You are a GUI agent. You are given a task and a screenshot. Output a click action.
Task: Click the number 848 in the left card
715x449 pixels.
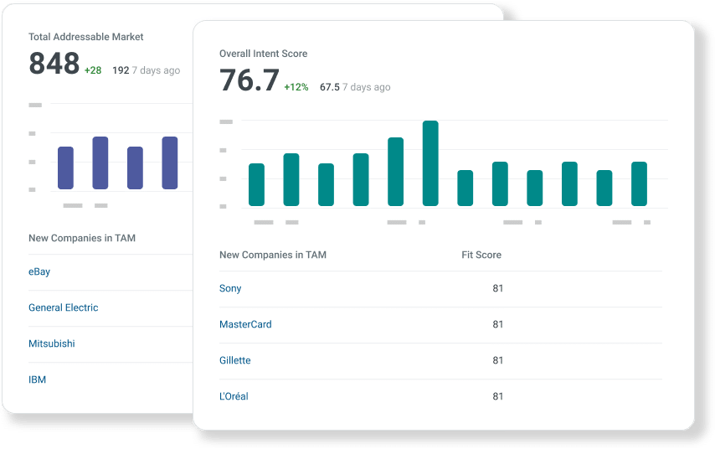[54, 64]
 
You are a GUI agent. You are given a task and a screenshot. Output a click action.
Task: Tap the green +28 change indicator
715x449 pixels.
[93, 70]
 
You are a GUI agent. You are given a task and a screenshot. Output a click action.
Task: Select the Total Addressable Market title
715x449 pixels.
[86, 37]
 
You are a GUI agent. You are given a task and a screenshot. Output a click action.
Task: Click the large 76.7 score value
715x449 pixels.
[249, 80]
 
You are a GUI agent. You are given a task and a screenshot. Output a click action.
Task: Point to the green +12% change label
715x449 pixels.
[296, 87]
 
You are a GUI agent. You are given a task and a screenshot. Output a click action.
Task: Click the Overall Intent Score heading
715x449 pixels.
[263, 54]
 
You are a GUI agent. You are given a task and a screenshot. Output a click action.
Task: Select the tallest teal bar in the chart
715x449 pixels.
[430, 163]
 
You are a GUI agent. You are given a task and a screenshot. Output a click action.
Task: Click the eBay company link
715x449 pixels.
[39, 272]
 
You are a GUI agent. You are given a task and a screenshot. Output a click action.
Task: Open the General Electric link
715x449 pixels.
[64, 308]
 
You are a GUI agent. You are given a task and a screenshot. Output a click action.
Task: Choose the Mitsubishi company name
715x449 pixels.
[52, 344]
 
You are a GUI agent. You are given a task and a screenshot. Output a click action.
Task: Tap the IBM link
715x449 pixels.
[38, 380]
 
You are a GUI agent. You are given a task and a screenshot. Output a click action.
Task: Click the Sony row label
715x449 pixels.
[230, 288]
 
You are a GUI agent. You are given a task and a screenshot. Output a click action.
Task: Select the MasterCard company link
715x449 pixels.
[245, 324]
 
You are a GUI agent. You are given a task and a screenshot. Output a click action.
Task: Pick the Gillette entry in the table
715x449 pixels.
[235, 360]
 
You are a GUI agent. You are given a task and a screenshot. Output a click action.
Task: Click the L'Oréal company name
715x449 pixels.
[234, 396]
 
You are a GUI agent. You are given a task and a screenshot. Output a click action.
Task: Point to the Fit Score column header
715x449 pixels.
[481, 255]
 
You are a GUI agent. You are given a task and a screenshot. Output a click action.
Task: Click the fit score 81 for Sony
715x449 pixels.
[498, 288]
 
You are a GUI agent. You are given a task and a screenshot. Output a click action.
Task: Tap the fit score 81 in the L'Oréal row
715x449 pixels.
[498, 396]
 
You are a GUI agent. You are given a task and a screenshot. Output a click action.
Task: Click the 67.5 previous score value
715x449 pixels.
[329, 87]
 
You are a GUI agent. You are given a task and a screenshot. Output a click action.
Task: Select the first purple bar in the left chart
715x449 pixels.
[65, 168]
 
